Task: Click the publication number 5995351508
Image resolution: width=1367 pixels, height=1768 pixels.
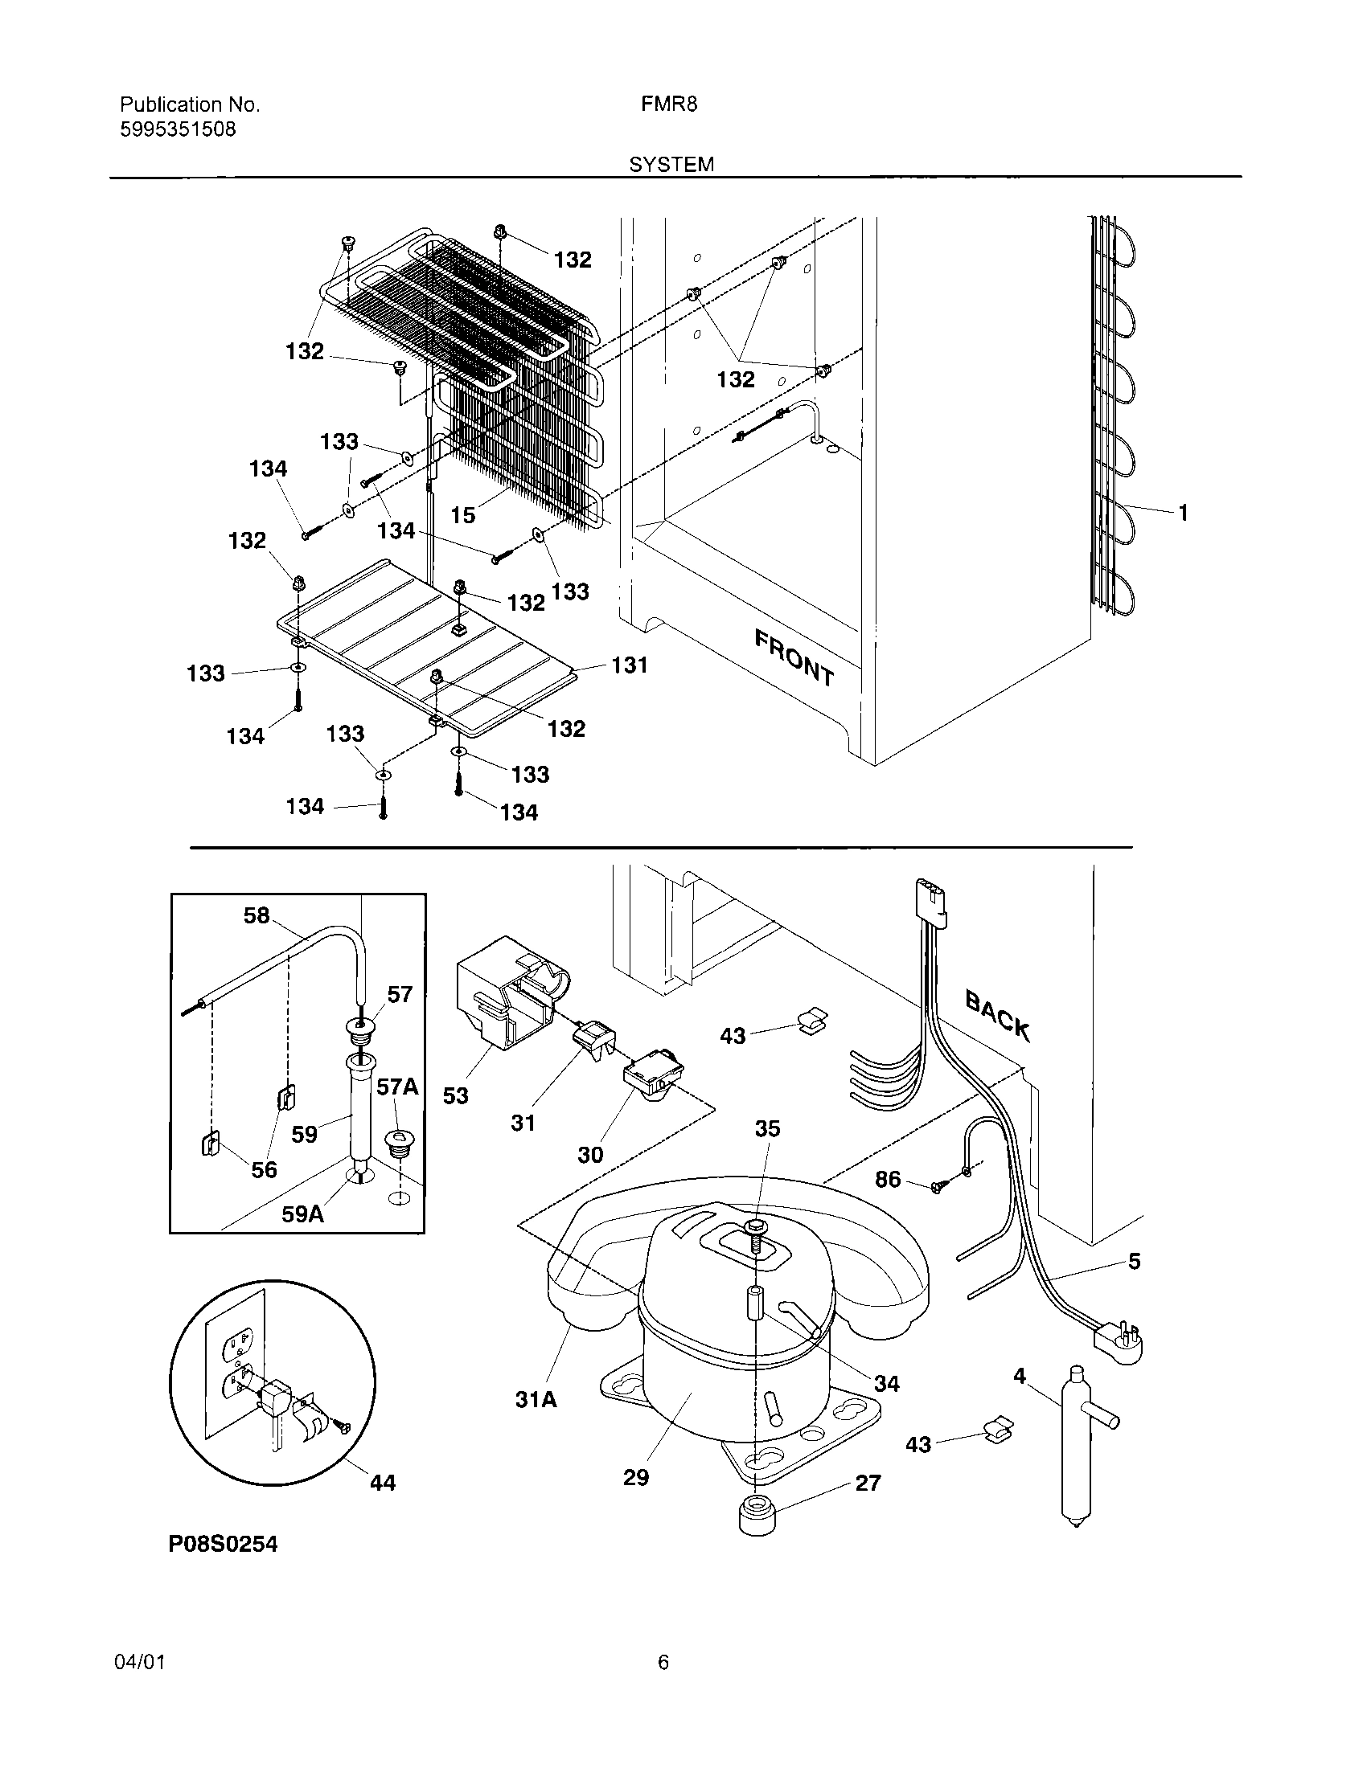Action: tap(178, 129)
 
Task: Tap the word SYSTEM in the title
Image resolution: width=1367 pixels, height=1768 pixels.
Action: tap(671, 165)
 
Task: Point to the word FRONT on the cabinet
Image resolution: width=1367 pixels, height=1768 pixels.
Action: tap(794, 657)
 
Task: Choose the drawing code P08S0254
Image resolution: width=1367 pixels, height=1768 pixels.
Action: tap(223, 1545)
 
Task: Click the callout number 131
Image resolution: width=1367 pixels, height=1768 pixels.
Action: tap(630, 665)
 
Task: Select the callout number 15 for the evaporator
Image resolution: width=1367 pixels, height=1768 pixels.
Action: tap(462, 515)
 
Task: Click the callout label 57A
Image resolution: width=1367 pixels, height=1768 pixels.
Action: tap(396, 1087)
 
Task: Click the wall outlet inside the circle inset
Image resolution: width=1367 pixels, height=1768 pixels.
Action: tap(236, 1360)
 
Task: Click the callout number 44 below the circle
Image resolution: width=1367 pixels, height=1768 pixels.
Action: tap(382, 1482)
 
